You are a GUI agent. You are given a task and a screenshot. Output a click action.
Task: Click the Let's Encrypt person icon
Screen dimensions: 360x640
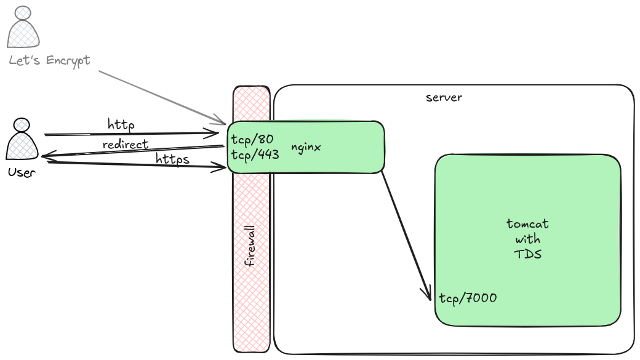pyautogui.click(x=23, y=28)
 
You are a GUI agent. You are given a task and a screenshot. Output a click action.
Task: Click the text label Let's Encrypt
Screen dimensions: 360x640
pyautogui.click(x=49, y=60)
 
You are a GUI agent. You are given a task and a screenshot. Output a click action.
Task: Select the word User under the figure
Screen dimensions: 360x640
pyautogui.click(x=22, y=172)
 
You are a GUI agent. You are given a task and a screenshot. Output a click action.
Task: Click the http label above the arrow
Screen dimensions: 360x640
pyautogui.click(x=121, y=125)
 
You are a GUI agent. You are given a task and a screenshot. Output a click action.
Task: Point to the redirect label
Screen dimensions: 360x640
pyautogui.click(x=126, y=145)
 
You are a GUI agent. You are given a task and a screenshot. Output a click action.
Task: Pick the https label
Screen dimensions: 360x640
pyautogui.click(x=172, y=159)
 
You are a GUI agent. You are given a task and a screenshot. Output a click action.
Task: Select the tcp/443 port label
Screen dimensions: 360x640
pyautogui.click(x=255, y=154)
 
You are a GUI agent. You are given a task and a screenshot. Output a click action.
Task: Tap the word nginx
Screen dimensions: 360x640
pyautogui.click(x=306, y=148)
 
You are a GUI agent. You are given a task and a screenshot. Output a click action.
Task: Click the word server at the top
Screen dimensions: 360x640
pyautogui.click(x=444, y=97)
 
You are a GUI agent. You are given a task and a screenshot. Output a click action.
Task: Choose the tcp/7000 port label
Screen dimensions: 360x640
pyautogui.click(x=468, y=298)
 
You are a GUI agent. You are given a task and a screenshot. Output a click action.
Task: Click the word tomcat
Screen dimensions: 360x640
pyautogui.click(x=527, y=223)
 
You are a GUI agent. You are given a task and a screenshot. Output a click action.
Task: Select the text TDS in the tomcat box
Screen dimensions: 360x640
pyautogui.click(x=527, y=254)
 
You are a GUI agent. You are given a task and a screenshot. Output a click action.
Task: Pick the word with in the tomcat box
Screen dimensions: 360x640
pyautogui.click(x=527, y=239)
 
